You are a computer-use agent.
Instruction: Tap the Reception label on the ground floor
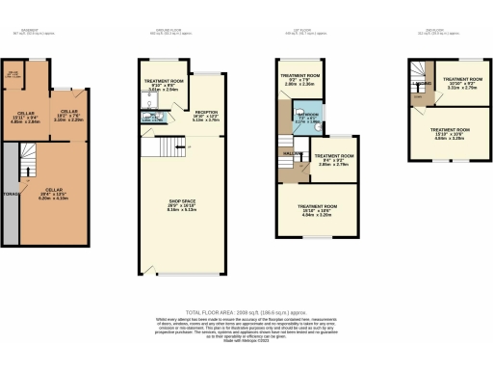[206, 116]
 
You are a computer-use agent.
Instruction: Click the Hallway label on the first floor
[289, 153]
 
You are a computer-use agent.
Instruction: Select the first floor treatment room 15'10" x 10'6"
[318, 212]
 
